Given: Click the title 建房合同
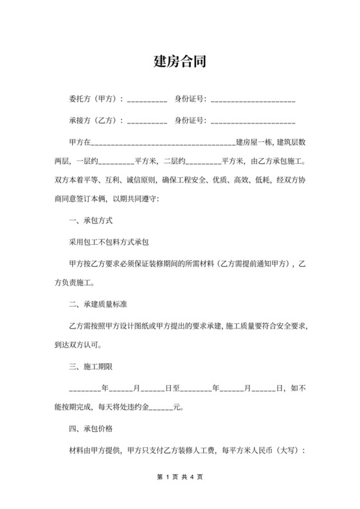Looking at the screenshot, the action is point(179,62).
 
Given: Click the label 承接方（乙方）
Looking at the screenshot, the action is point(96,120).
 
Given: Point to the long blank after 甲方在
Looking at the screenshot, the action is point(165,143).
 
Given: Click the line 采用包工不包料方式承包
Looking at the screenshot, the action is point(109,242).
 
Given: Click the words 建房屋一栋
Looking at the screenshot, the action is point(255,141).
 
